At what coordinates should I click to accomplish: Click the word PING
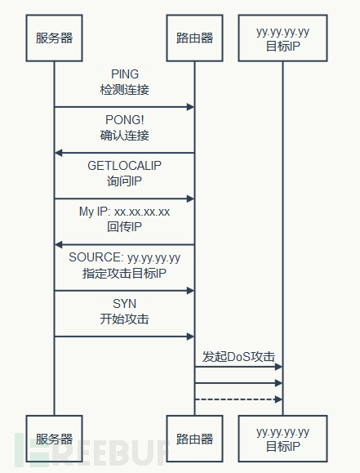[125, 74]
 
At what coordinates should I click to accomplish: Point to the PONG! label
[125, 120]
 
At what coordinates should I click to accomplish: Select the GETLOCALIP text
[125, 166]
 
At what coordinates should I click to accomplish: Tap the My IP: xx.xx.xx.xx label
[125, 212]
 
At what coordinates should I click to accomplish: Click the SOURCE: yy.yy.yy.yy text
[125, 258]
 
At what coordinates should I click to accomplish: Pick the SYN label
[125, 304]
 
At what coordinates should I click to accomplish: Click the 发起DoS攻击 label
[238, 356]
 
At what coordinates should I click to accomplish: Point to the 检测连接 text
[125, 90]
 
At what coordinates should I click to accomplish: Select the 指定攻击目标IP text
[125, 274]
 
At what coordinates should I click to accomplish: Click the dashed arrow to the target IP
[238, 399]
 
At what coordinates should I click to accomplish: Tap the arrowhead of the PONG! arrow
[59, 153]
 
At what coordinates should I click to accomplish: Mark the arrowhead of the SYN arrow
[190, 337]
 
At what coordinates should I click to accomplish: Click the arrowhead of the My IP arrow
[59, 244]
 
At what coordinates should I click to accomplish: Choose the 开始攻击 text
[125, 319]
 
